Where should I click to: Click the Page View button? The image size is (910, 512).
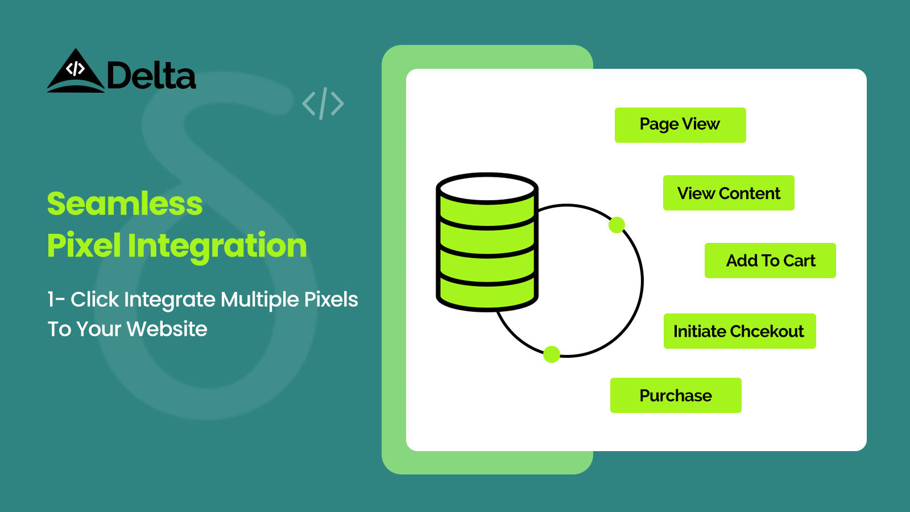(680, 125)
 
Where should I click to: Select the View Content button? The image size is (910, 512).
(729, 193)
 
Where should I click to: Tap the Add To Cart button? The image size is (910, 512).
(770, 261)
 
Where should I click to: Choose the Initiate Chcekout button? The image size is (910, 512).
(739, 331)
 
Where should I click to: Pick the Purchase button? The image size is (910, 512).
(676, 395)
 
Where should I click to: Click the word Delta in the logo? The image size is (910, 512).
(151, 75)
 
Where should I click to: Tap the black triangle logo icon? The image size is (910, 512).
(76, 71)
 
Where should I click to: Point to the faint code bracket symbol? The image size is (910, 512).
(323, 103)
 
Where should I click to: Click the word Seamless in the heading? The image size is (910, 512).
(125, 204)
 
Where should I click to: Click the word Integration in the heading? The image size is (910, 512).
(217, 246)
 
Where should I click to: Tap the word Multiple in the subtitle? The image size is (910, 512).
(260, 300)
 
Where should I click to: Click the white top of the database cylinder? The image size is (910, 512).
(487, 189)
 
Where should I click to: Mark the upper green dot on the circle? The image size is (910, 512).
(617, 225)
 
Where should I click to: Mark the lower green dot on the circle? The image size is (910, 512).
(552, 354)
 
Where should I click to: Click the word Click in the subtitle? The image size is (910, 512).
(94, 299)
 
